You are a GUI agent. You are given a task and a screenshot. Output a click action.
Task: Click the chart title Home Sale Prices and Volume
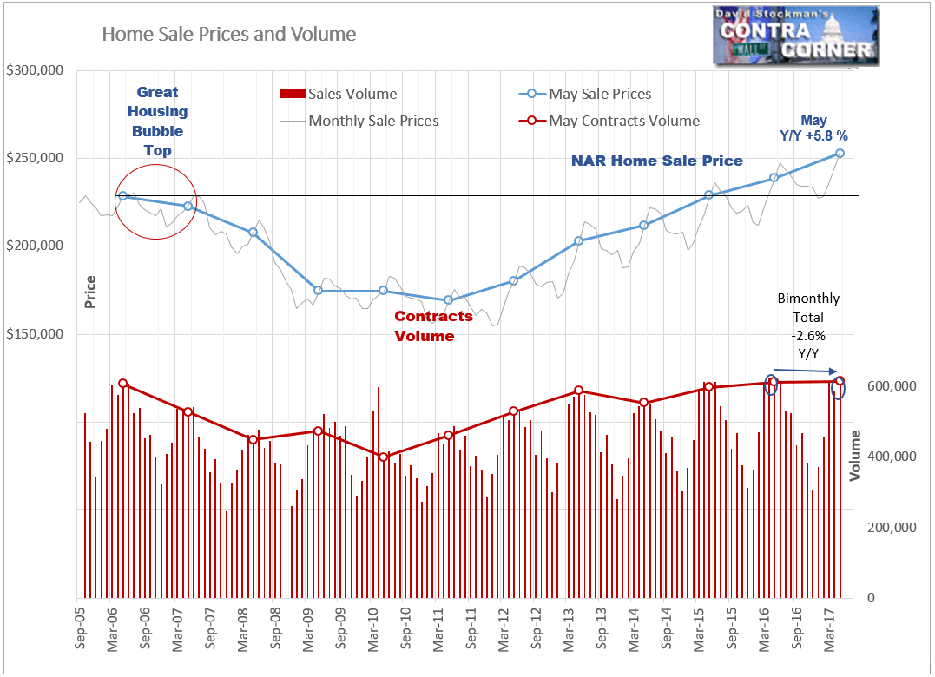(229, 35)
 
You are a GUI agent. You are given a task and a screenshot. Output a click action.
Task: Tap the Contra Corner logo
(795, 36)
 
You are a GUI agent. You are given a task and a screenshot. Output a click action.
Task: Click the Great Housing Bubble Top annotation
(157, 122)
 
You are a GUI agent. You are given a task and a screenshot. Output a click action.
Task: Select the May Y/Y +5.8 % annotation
(813, 128)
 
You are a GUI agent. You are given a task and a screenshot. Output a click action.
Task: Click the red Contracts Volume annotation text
(433, 325)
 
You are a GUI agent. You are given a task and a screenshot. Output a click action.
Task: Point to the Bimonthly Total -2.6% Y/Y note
(807, 326)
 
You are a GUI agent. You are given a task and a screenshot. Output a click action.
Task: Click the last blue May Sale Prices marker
(840, 154)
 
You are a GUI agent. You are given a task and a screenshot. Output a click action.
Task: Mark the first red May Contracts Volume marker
(123, 384)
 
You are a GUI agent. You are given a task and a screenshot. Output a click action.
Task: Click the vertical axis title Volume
(855, 456)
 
